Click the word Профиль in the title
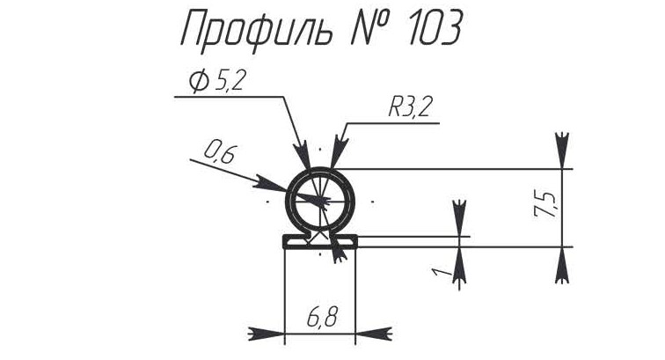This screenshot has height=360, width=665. pyautogui.click(x=257, y=28)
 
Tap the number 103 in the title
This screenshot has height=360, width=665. pyautogui.click(x=435, y=28)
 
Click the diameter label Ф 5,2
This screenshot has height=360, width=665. pyautogui.click(x=216, y=81)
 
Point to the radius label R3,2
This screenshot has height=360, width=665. pyautogui.click(x=409, y=107)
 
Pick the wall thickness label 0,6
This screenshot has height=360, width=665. pyautogui.click(x=220, y=153)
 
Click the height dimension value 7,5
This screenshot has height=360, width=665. pyautogui.click(x=545, y=205)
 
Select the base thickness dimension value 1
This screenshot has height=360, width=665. pyautogui.click(x=439, y=271)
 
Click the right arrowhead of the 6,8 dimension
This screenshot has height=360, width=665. pyautogui.click(x=374, y=334)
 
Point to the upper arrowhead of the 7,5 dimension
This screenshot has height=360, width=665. pyautogui.click(x=562, y=151)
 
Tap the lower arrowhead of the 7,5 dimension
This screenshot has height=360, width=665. pyautogui.click(x=562, y=265)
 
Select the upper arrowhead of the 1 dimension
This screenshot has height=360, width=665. pyautogui.click(x=459, y=217)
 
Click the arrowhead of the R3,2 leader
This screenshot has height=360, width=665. pyautogui.click(x=338, y=151)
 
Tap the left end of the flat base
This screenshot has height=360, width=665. pyautogui.click(x=283, y=241)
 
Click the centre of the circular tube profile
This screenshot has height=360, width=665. pyautogui.click(x=320, y=200)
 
